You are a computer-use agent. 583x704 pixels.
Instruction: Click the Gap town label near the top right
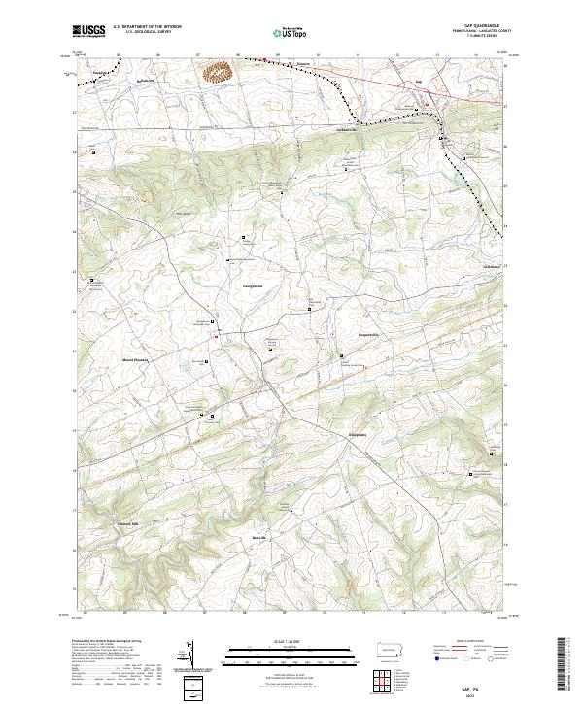click(419, 82)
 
